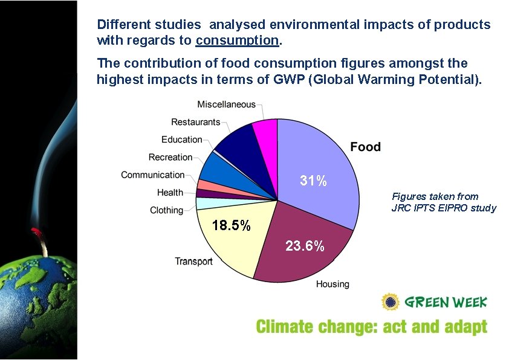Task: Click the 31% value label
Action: [x=314, y=180]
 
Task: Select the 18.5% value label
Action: [x=232, y=226]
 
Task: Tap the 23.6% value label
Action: [x=305, y=246]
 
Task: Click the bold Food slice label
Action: [x=366, y=147]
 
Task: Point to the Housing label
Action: [x=332, y=284]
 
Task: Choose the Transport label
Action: [x=193, y=261]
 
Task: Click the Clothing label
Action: [x=166, y=210]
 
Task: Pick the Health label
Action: [x=170, y=193]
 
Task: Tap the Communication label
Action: [x=152, y=175]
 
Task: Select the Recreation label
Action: [x=170, y=157]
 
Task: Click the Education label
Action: [x=181, y=140]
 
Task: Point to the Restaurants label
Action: [x=195, y=122]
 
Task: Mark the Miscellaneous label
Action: [x=226, y=104]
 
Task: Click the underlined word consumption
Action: [x=237, y=41]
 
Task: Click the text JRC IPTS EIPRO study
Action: [x=444, y=208]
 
